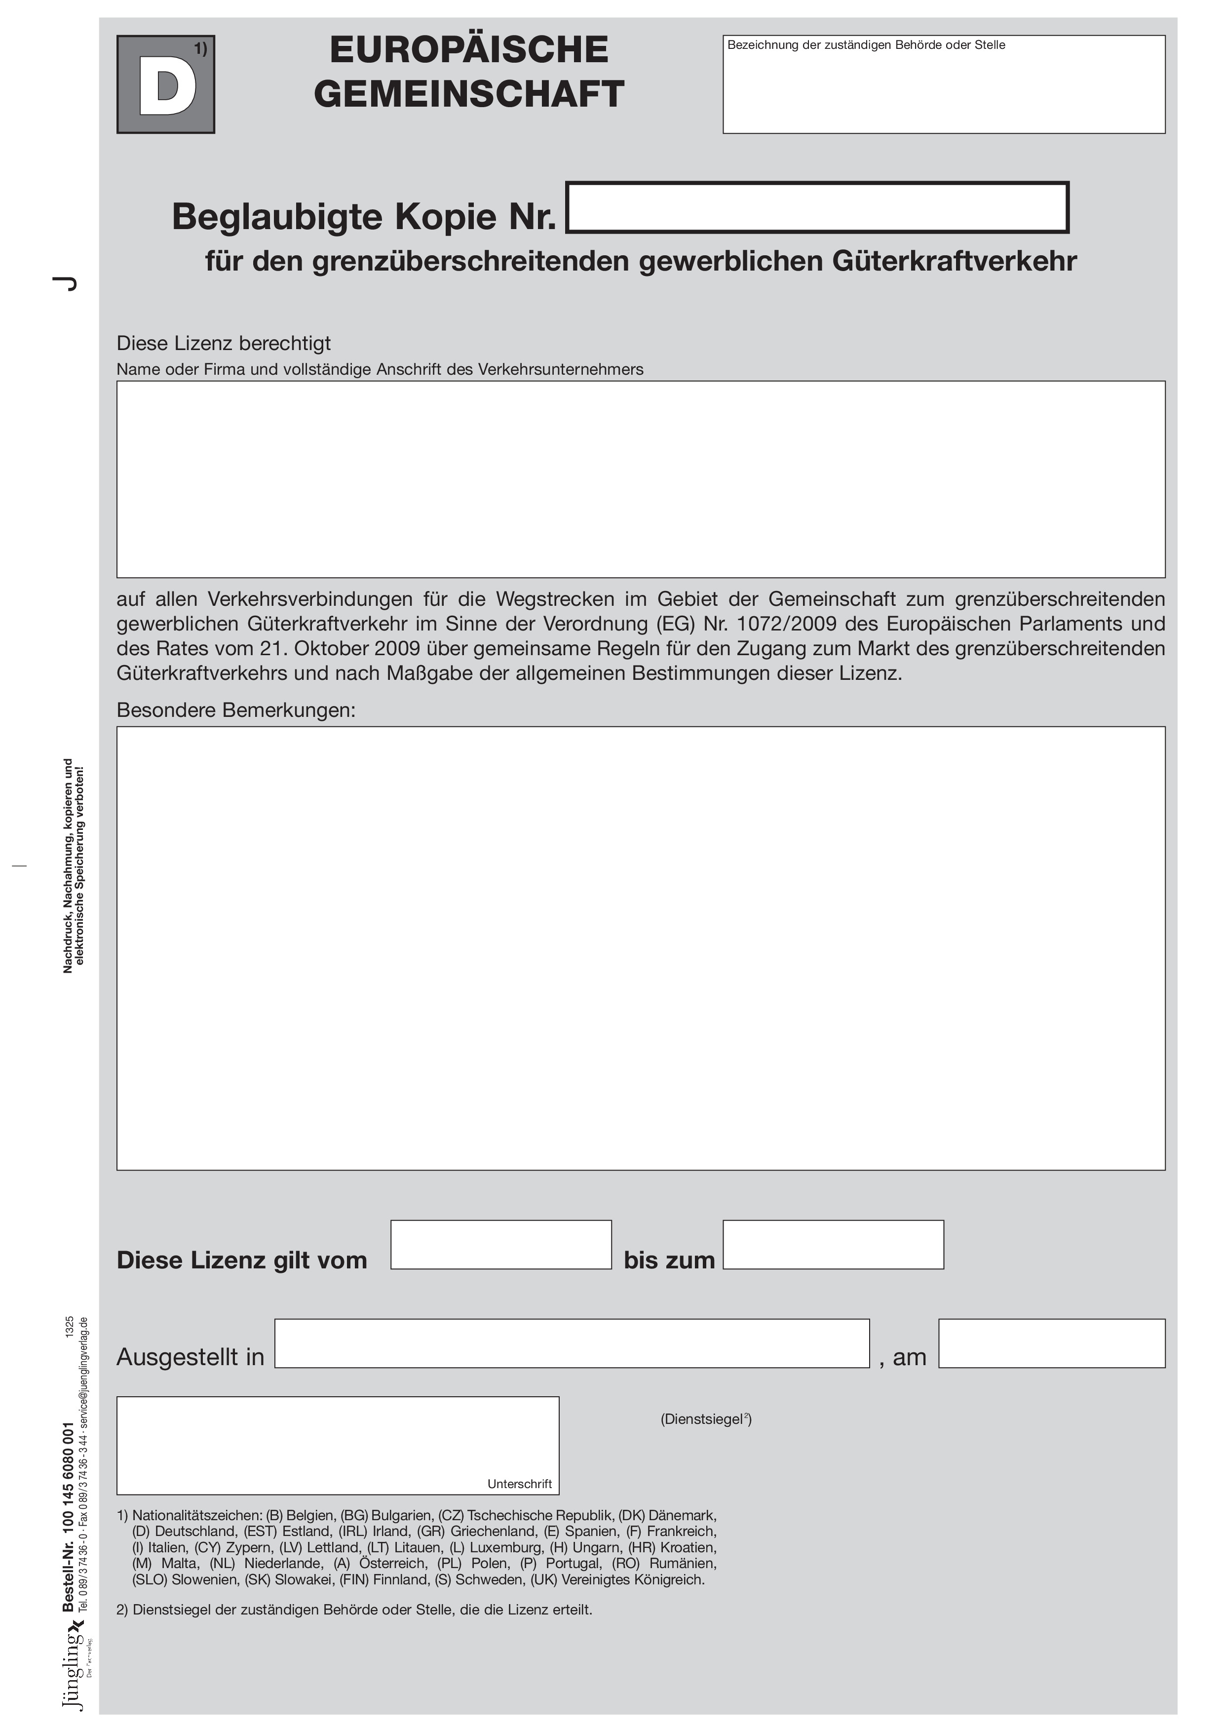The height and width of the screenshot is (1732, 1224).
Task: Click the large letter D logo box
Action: [165, 84]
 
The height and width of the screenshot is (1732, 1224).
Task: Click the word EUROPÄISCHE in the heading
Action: [468, 50]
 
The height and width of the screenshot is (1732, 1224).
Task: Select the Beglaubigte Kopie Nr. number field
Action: [817, 207]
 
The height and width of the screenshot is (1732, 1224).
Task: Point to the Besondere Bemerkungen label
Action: [236, 710]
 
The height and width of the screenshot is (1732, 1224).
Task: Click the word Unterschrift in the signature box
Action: [520, 1484]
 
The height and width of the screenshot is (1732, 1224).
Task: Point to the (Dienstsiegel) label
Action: [706, 1419]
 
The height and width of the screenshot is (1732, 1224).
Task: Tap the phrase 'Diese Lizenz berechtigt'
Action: [223, 343]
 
